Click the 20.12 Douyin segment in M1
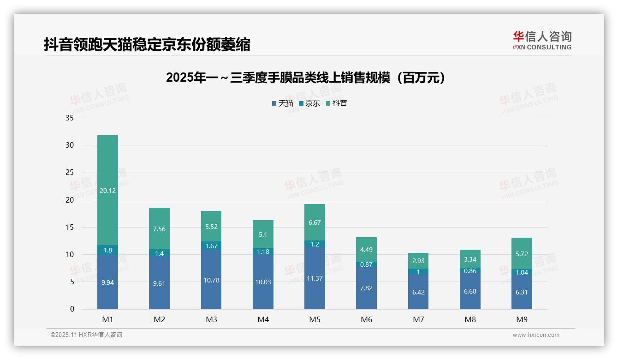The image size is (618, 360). (107, 190)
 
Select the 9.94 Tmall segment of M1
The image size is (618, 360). (107, 282)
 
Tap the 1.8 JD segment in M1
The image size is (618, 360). (107, 250)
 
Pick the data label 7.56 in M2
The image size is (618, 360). (159, 228)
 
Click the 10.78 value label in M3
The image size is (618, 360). (211, 280)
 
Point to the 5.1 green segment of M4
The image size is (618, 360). (263, 234)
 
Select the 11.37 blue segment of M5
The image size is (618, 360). (315, 278)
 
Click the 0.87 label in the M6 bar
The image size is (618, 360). (366, 264)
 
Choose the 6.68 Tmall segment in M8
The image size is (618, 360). (470, 291)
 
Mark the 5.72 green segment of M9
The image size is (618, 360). (522, 253)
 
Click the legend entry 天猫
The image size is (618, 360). (283, 103)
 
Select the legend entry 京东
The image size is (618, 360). (309, 103)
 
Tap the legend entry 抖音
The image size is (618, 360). (337, 103)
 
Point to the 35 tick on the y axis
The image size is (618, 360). (70, 118)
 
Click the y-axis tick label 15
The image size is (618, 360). (70, 227)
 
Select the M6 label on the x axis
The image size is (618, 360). (366, 319)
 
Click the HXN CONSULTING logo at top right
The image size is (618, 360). (542, 41)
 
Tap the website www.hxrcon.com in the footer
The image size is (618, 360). (535, 335)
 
